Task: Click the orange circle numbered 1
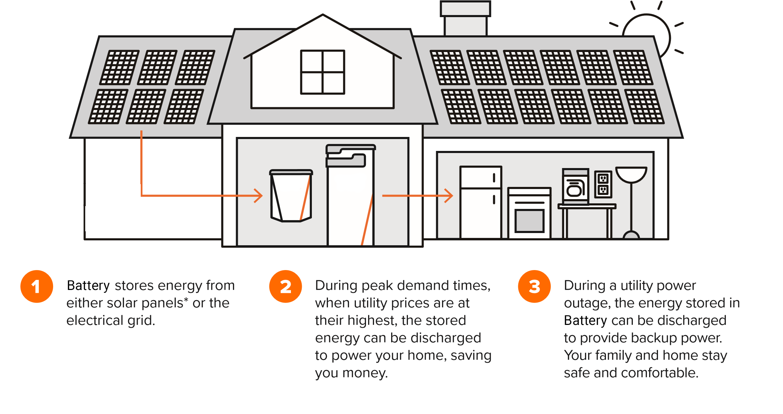point(37,286)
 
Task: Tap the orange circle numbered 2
point(285,286)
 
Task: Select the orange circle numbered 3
point(534,286)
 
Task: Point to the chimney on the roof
point(465,19)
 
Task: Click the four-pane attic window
point(322,72)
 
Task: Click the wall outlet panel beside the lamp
point(603,184)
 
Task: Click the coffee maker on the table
point(575,187)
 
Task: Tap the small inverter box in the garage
point(291,196)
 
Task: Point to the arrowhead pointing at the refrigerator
point(449,196)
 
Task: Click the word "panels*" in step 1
point(164,303)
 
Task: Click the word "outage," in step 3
point(587,303)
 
